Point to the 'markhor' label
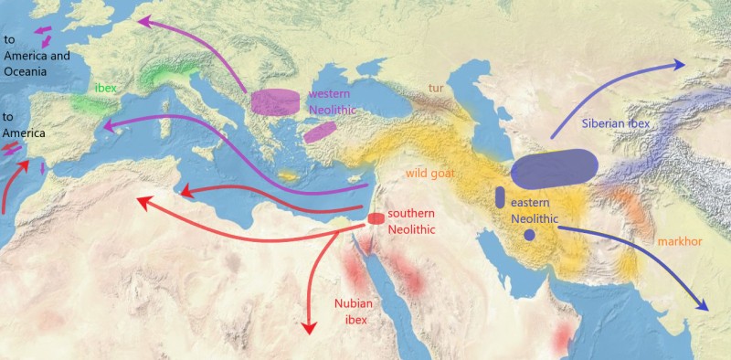pyautogui.click(x=678, y=241)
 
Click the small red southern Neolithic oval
pyautogui.click(x=375, y=218)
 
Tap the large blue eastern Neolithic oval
pyautogui.click(x=555, y=168)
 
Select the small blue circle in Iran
pyautogui.click(x=529, y=236)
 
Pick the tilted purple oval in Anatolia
pyautogui.click(x=321, y=132)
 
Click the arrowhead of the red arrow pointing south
pyautogui.click(x=308, y=327)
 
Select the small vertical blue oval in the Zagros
pyautogui.click(x=500, y=196)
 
